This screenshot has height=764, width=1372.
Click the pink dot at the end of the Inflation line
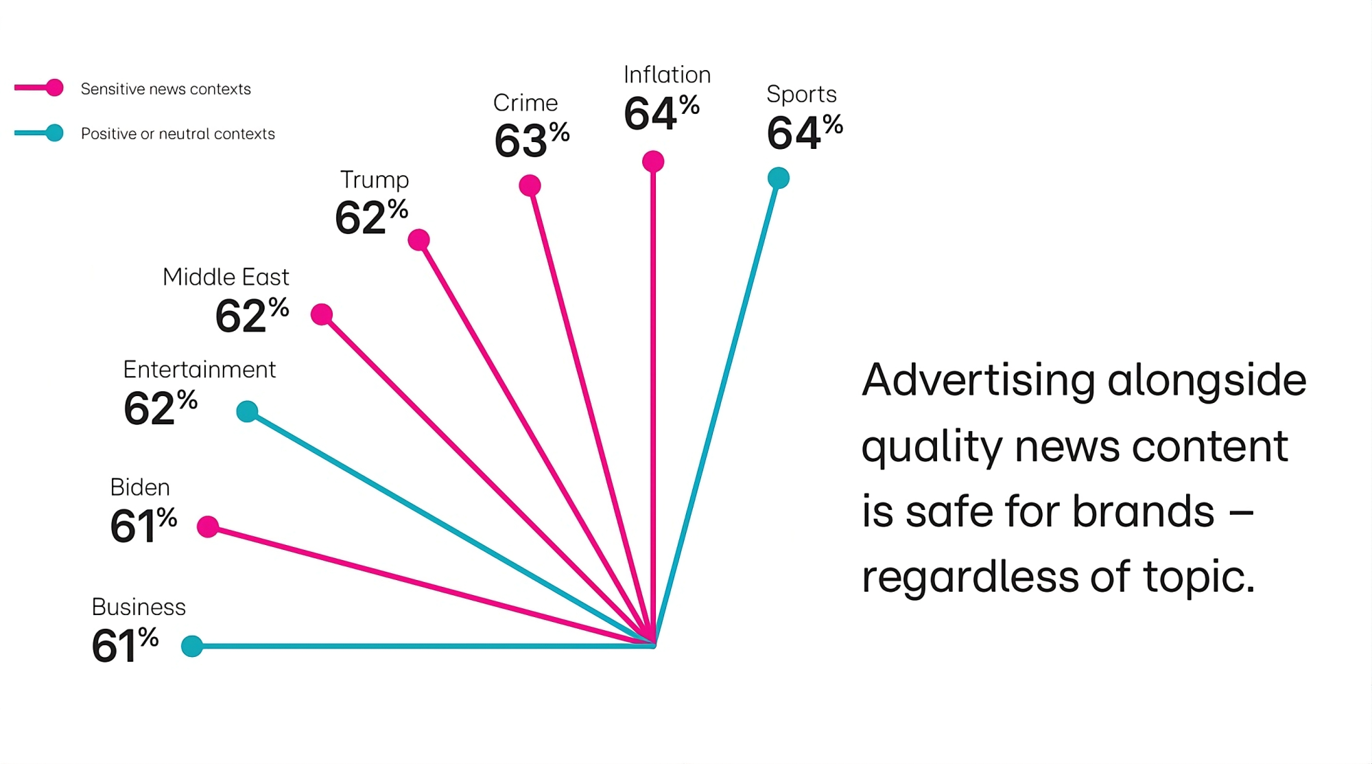click(653, 162)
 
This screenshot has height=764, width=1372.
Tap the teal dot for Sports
click(779, 178)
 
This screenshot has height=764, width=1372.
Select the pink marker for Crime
click(530, 185)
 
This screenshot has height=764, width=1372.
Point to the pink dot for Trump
click(418, 240)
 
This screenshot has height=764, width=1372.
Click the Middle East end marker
click(322, 314)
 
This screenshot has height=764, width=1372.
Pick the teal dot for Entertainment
click(247, 412)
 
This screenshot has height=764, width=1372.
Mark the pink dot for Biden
click(208, 526)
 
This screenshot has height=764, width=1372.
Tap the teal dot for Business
click(192, 646)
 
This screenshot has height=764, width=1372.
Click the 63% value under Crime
click(532, 140)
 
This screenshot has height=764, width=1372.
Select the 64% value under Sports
click(804, 132)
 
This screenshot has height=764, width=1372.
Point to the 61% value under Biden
click(143, 525)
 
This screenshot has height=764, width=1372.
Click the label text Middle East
click(226, 277)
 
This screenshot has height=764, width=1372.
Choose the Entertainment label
click(199, 370)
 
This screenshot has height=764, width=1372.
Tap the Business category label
click(139, 607)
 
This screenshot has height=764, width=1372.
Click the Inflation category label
click(667, 75)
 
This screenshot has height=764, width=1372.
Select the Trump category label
click(375, 180)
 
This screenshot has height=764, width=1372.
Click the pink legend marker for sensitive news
click(54, 88)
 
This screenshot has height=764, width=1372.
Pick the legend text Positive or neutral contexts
click(178, 134)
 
